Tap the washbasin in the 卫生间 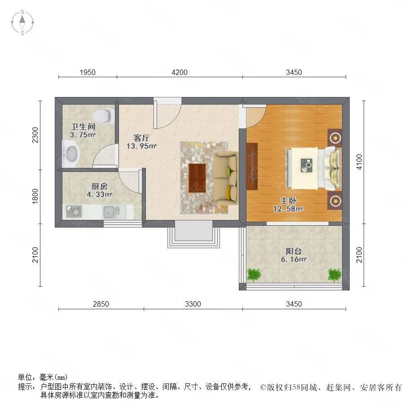point(70,154)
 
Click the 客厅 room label point(141,138)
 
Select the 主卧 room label point(288,201)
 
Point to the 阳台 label point(294,251)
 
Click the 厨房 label point(100,186)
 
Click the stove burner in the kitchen point(74,211)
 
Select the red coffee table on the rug point(197,178)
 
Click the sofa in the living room point(226,178)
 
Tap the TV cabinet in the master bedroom point(252,167)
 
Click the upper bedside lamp point(335,138)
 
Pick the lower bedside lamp point(335,200)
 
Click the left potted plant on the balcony point(254,275)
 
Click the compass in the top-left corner point(22,22)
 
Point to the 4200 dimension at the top point(180,72)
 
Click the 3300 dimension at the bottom point(193,304)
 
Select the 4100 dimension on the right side point(359,162)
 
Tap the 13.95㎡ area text point(141,146)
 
